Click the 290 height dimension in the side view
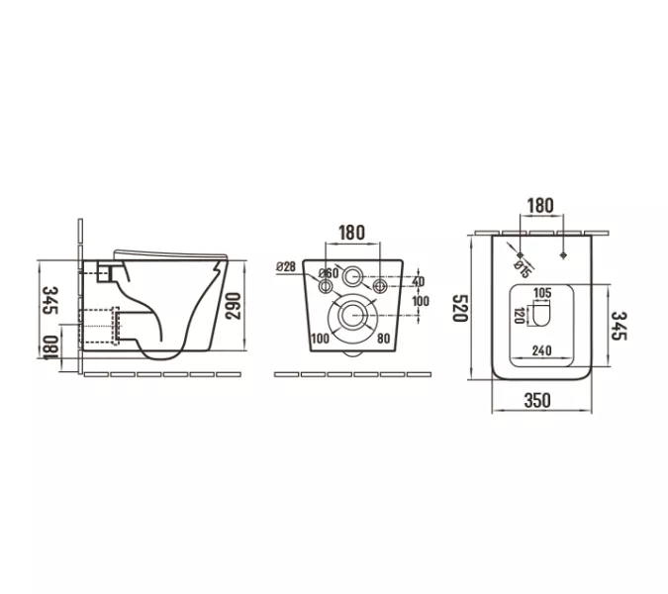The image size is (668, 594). click(233, 306)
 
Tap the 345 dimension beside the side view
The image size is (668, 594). click(50, 300)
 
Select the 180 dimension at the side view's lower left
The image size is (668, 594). click(50, 348)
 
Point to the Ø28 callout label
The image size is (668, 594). click(286, 266)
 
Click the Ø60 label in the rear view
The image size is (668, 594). click(329, 273)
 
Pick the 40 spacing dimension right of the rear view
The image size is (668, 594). click(419, 281)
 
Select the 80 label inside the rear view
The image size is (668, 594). click(383, 339)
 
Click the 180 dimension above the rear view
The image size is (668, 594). click(352, 233)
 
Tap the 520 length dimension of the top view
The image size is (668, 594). click(460, 308)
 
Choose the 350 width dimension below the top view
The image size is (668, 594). click(537, 400)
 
